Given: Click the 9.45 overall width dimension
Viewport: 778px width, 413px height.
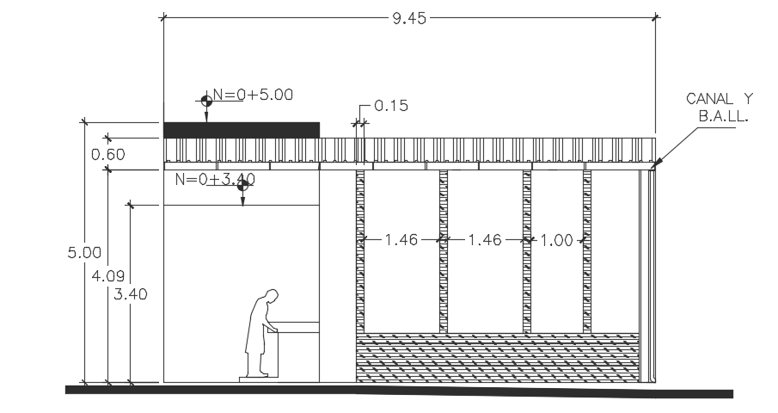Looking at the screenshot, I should point(410,18).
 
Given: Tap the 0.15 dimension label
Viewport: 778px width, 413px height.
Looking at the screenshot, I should point(391,107).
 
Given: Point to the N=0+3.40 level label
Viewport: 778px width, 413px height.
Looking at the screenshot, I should point(215,180).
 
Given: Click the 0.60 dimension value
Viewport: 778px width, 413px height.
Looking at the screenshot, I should point(108,155).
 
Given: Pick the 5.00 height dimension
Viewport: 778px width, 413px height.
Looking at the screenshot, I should point(85,253).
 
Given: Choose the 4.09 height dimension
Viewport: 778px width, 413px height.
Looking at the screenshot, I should point(108,276).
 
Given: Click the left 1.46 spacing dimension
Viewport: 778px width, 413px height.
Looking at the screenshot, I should point(401,241).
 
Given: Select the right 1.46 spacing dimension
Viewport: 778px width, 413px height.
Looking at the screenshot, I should point(485,241).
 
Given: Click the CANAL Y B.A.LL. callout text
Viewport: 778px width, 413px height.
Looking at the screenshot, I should point(719,107).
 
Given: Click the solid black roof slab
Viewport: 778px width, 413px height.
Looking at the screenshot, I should point(242,130).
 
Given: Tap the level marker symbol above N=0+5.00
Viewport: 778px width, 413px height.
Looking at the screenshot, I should point(206,101).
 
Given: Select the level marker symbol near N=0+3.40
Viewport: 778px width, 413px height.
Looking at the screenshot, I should point(243,184).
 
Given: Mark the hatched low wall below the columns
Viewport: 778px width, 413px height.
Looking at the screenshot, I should point(499,358).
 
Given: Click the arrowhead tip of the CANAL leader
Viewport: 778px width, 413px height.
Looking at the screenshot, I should point(652,167).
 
